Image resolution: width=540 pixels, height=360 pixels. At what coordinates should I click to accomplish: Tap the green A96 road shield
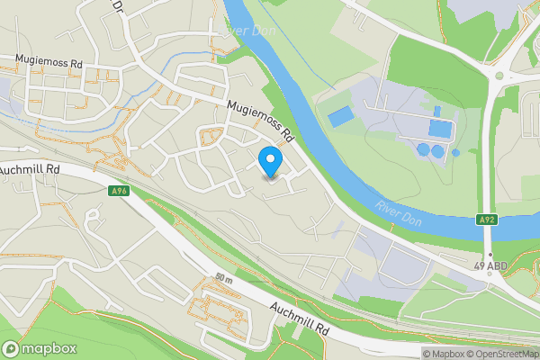tap(119, 191)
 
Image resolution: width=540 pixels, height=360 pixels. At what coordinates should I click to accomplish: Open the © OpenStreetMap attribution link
tap(500, 353)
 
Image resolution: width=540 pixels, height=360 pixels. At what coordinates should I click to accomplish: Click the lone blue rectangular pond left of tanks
tap(340, 117)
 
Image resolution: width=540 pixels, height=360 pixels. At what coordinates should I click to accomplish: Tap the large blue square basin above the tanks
tap(439, 128)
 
